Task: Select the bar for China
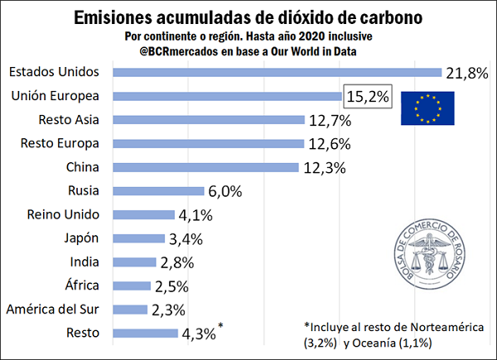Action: click(204, 168)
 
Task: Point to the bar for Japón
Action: click(142, 239)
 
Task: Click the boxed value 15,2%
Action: click(365, 97)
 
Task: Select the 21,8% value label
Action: click(466, 73)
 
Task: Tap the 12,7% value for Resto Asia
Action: click(329, 121)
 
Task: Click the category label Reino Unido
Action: click(63, 215)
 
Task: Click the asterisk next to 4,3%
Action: click(221, 328)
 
